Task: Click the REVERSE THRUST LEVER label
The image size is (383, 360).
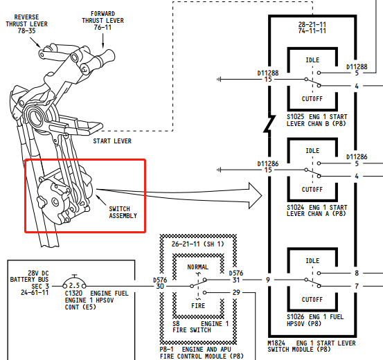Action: coord(26,24)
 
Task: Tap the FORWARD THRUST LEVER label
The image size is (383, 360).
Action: coord(103,21)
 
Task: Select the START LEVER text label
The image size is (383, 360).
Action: coord(112,141)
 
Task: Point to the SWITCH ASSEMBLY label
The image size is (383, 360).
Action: coord(123,213)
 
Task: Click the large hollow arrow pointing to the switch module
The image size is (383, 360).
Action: coord(179,195)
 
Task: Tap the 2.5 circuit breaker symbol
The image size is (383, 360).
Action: coord(74,283)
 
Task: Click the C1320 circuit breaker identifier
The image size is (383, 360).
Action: coord(73,293)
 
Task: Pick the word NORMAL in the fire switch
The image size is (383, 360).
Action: coord(198,267)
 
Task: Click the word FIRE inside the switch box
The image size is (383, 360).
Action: coord(198,305)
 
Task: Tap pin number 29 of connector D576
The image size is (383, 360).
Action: coord(236,292)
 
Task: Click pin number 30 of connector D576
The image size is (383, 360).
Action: coord(160,286)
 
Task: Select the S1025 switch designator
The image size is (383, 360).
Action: coord(295,117)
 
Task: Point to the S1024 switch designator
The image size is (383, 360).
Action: coord(295,208)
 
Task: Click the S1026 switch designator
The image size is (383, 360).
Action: coord(295,317)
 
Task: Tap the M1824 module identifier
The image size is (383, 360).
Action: coord(276,343)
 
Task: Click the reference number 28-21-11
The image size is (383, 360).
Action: coord(312,24)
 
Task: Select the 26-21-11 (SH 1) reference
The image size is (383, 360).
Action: coord(198,244)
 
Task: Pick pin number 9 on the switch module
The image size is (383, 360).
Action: coord(268,280)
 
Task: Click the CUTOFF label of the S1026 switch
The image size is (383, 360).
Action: coord(312,300)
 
